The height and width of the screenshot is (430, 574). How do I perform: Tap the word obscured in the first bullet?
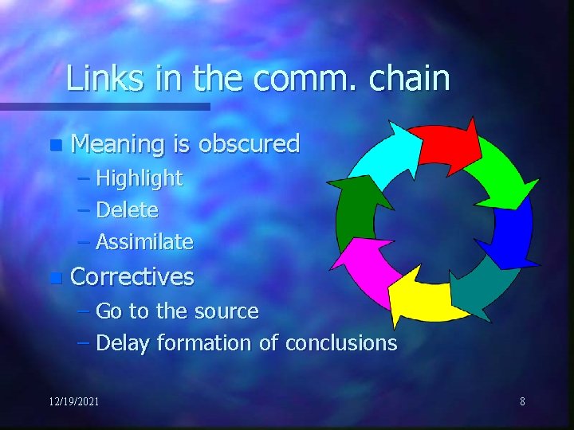click(249, 144)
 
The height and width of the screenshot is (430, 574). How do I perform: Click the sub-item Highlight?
click(139, 178)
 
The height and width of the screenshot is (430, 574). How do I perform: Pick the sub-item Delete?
click(127, 210)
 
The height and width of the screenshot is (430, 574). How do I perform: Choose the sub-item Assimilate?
click(144, 241)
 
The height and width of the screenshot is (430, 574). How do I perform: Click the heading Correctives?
click(132, 277)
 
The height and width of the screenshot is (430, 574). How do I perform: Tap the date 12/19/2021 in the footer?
click(73, 401)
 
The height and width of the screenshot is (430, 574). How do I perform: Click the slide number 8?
click(522, 401)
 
